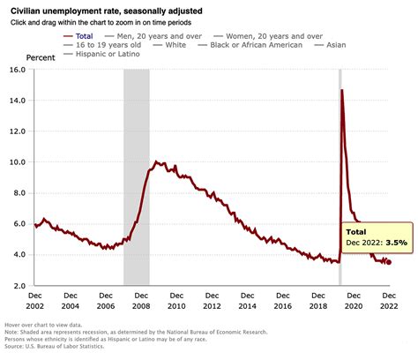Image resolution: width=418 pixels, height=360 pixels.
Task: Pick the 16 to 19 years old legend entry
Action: click(x=85, y=44)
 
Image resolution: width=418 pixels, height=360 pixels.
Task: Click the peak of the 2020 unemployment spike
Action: click(x=341, y=90)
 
